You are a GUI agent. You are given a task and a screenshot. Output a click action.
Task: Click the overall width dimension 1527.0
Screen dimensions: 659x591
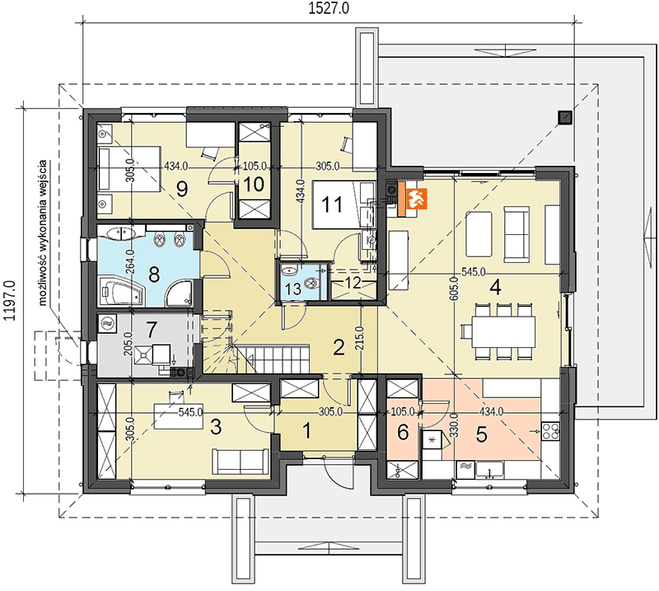pyautogui.click(x=329, y=8)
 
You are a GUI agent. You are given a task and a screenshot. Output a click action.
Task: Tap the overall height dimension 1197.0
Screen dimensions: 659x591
pyautogui.click(x=9, y=300)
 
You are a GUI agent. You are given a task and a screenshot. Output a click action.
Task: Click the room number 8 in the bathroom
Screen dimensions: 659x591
pyautogui.click(x=154, y=275)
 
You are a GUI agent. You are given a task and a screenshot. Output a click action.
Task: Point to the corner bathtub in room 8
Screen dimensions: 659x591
pyautogui.click(x=121, y=290)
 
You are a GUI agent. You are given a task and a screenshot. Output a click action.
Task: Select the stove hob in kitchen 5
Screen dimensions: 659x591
pyautogui.click(x=550, y=431)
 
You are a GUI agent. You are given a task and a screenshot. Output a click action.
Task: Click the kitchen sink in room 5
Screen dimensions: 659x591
pyautogui.click(x=489, y=470)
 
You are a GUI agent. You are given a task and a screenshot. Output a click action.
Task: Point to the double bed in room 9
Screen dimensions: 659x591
pyautogui.click(x=129, y=169)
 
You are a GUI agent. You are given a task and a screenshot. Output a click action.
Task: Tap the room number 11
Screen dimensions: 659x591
pyautogui.click(x=332, y=205)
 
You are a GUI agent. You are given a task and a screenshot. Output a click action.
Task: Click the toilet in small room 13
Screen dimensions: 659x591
pyautogui.click(x=312, y=283)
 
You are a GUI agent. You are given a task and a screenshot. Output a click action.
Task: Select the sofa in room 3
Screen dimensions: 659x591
pyautogui.click(x=241, y=461)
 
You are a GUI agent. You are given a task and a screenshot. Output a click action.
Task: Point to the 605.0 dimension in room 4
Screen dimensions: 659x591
pyautogui.click(x=454, y=288)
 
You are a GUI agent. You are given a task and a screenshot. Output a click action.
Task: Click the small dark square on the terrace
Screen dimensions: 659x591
pyautogui.click(x=565, y=118)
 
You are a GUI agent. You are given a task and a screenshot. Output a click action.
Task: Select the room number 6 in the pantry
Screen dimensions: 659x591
pyautogui.click(x=403, y=432)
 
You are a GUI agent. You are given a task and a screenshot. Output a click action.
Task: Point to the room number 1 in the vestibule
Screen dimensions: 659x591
pyautogui.click(x=307, y=430)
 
